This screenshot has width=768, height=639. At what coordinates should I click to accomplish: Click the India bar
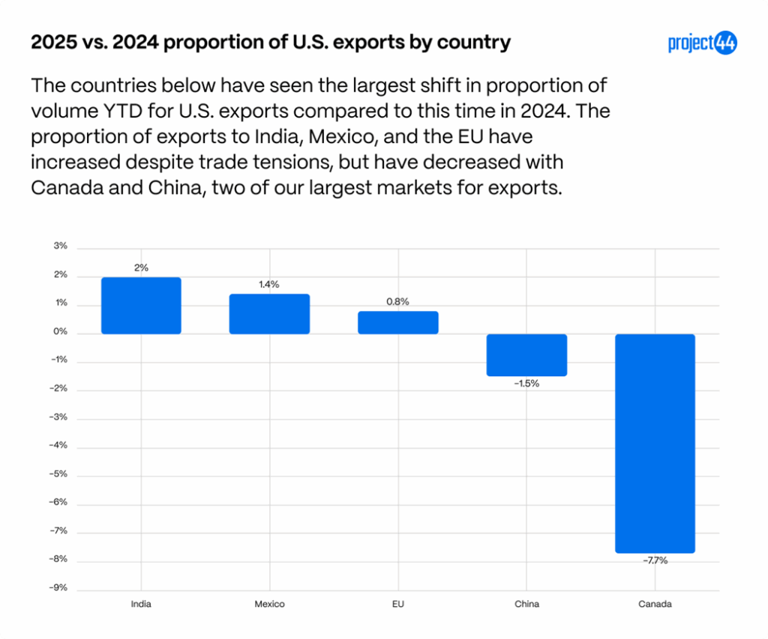[x=141, y=306]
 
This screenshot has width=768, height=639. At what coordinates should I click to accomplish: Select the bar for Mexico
[x=269, y=314]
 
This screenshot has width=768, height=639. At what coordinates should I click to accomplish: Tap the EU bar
[x=398, y=322]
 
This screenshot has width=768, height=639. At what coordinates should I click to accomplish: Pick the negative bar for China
[x=526, y=354]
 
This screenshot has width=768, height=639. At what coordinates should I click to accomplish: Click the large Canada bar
[x=655, y=443]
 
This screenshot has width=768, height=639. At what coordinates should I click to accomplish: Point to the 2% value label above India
[x=141, y=267]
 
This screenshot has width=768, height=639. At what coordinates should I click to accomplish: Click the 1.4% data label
[x=269, y=285]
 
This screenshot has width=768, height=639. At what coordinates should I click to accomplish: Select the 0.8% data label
[x=398, y=302]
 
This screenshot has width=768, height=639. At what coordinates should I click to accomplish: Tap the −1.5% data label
[x=526, y=384]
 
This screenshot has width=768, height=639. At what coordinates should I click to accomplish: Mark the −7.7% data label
[x=655, y=560]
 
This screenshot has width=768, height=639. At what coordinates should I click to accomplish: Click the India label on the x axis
[x=141, y=604]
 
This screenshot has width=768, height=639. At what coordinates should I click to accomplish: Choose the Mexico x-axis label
[x=269, y=604]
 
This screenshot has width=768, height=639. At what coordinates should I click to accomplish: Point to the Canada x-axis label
[x=655, y=604]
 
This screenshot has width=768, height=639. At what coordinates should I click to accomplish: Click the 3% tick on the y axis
[x=61, y=246]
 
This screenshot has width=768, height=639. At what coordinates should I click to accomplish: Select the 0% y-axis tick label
[x=61, y=332]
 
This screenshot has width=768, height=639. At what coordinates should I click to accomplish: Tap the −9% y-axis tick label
[x=59, y=587]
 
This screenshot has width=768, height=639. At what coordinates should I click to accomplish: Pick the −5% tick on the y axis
[x=59, y=473]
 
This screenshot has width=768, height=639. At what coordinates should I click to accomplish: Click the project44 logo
[x=702, y=43]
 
